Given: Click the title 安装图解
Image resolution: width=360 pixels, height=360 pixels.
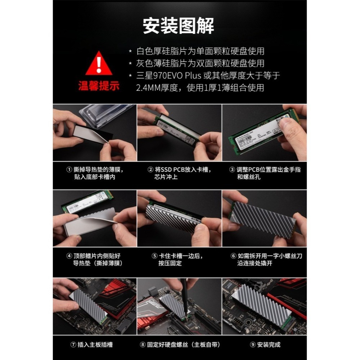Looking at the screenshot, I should [x=179, y=26].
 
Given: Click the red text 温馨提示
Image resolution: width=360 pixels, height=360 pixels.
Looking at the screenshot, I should [x=99, y=86].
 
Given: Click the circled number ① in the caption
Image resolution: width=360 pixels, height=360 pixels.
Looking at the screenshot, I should [x=69, y=169].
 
